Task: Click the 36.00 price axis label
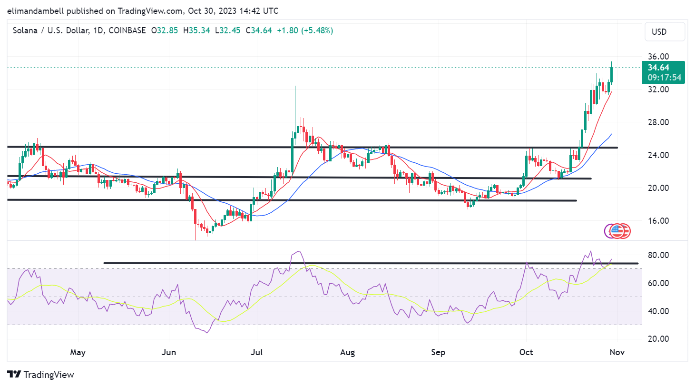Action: tap(658, 57)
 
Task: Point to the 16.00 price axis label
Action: tap(658, 221)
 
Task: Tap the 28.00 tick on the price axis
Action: tap(658, 122)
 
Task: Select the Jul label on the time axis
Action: tap(256, 352)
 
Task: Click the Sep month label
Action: tap(438, 352)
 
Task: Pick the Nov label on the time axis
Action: tap(617, 352)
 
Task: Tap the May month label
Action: tap(78, 352)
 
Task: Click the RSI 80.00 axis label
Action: tap(658, 255)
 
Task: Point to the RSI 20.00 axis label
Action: tap(658, 339)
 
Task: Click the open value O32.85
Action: tap(165, 30)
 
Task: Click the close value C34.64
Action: tap(259, 30)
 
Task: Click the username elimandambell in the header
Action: tap(35, 10)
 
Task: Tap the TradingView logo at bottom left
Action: tap(41, 375)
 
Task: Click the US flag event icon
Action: tap(617, 231)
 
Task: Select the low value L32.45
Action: tap(228, 30)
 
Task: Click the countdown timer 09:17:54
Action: tap(664, 78)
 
